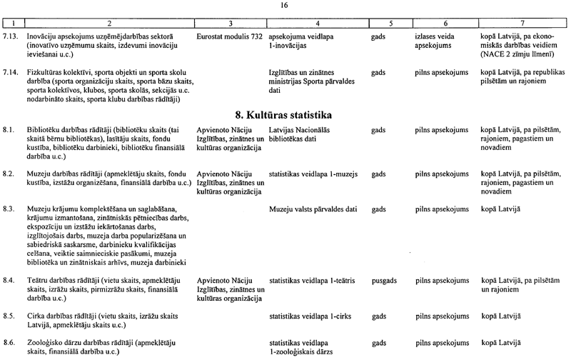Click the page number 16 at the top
[x=285, y=5]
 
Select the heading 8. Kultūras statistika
[x=285, y=114]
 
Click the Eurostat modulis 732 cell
[x=229, y=34]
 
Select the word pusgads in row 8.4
[x=386, y=281]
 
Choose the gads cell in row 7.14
[x=380, y=73]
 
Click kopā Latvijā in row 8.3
[x=501, y=209]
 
